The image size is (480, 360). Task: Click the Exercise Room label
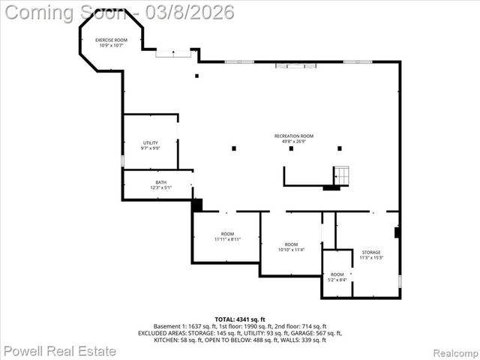pyautogui.click(x=110, y=40)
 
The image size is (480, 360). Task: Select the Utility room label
pyautogui.click(x=151, y=142)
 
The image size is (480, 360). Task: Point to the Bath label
pyautogui.click(x=161, y=182)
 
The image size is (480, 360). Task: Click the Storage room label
pyautogui.click(x=371, y=252)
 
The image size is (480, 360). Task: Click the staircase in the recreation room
pyautogui.click(x=342, y=176)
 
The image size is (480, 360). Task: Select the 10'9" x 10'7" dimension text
pyautogui.click(x=110, y=46)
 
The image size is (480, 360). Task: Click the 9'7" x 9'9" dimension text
pyautogui.click(x=151, y=148)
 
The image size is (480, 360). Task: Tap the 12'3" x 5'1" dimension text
pyautogui.click(x=161, y=187)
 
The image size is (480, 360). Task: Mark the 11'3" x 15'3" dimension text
pyautogui.click(x=371, y=258)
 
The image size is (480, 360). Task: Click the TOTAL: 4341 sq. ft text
pyautogui.click(x=240, y=319)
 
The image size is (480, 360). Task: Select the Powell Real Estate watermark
pyautogui.click(x=60, y=351)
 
